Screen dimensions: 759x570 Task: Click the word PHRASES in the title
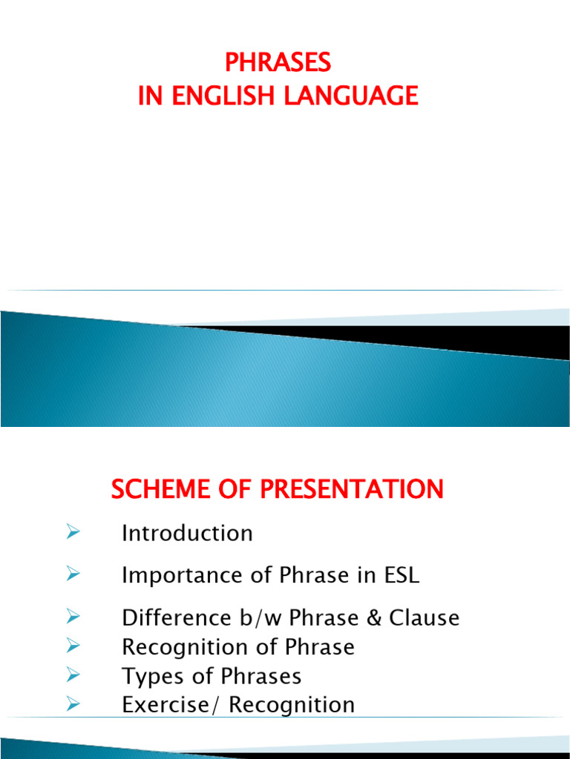tap(278, 64)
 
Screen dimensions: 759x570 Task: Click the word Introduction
tap(187, 534)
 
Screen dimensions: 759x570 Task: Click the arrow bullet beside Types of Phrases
tap(72, 675)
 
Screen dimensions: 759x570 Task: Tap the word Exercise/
tap(172, 705)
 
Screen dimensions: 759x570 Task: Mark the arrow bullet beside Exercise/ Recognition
tap(72, 703)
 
